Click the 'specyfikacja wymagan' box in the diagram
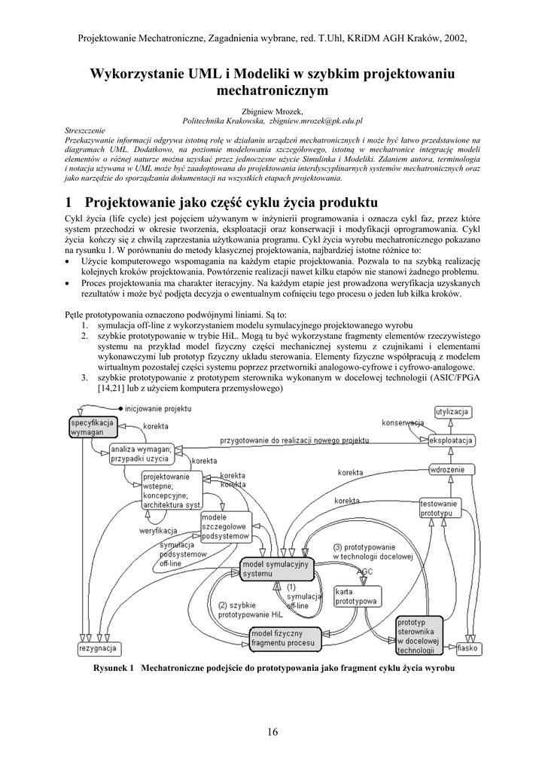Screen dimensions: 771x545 coord(93,428)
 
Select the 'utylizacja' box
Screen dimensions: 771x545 coord(453,412)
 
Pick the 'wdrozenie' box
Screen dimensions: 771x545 coord(452,470)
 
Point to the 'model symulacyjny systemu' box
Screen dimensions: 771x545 coord(276,569)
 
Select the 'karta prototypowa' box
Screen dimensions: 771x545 coord(356,596)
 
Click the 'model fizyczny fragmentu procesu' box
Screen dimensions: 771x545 coord(287,638)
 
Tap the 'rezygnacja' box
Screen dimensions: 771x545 coord(98,648)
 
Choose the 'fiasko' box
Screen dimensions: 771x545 coord(467,648)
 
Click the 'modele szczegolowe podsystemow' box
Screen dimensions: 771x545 coord(225,526)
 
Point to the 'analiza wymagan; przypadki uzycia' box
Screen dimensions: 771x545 coord(141,453)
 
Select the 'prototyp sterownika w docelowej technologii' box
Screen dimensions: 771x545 coord(419,635)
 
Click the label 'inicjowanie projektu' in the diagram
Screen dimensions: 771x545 coord(158,408)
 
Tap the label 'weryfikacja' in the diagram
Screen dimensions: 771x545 coord(158,531)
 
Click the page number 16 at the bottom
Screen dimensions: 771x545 coord(272,733)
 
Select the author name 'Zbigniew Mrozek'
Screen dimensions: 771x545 coord(272,111)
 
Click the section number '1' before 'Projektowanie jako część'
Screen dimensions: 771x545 coord(69,203)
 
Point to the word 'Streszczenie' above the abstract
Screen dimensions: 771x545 coord(86,130)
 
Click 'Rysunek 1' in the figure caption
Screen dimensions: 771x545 coord(113,668)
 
